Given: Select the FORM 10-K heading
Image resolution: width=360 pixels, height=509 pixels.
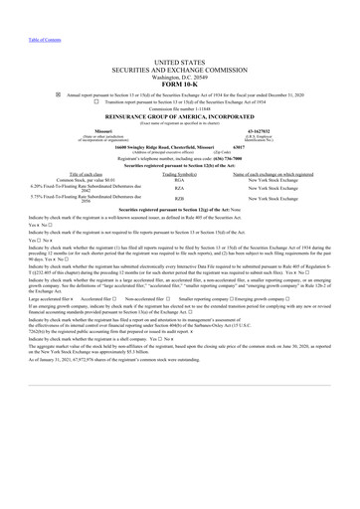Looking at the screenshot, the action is point(180,85).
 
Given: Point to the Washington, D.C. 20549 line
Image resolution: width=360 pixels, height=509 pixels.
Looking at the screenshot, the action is point(180,77).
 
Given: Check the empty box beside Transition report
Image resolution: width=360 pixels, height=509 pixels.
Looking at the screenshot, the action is point(96,100).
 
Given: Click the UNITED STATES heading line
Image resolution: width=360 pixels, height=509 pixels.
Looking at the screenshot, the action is point(180,62).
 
